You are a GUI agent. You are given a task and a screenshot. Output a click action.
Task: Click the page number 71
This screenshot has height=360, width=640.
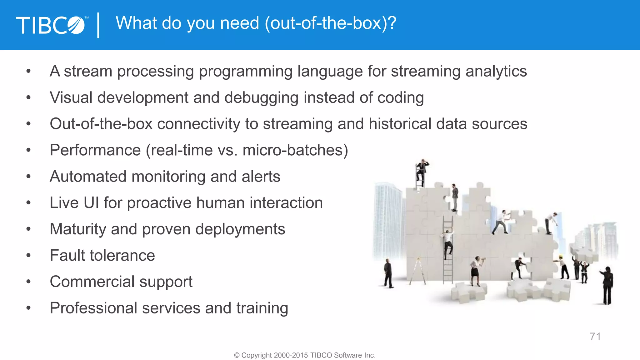click(595, 337)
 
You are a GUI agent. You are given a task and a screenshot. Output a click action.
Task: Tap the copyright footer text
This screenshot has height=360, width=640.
click(305, 355)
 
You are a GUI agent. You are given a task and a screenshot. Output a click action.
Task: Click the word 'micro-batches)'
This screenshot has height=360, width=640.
click(295, 150)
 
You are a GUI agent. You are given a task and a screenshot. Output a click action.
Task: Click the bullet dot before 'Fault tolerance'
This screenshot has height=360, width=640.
click(28, 256)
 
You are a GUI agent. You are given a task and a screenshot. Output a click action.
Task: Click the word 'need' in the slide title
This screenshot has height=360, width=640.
click(240, 23)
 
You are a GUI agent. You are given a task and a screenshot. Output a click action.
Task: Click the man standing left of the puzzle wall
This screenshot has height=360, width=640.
click(388, 273)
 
